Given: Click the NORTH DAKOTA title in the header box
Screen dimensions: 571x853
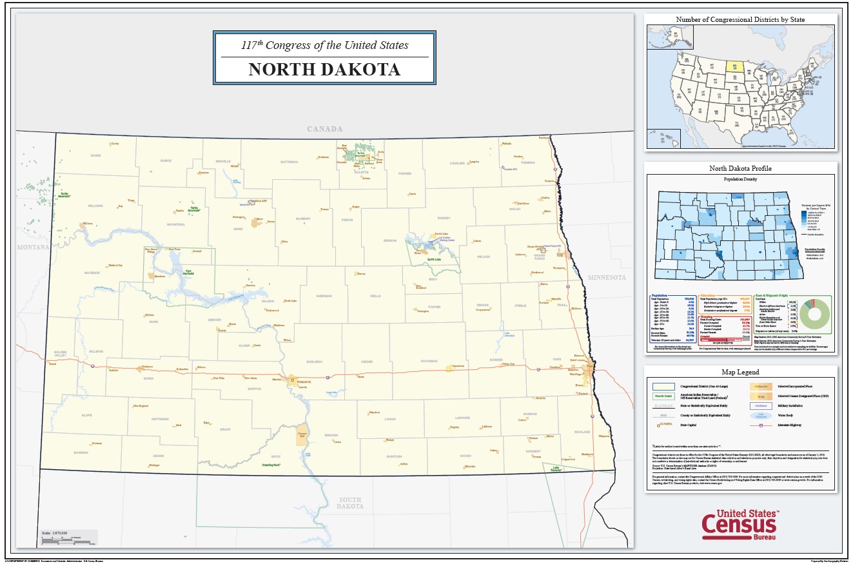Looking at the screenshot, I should [324, 70].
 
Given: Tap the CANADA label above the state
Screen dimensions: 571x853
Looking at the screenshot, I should [324, 129].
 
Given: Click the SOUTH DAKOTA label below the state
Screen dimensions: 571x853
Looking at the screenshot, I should [350, 503].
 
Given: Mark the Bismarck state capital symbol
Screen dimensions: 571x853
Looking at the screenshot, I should [292, 380].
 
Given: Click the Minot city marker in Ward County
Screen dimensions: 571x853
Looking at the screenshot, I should [259, 220].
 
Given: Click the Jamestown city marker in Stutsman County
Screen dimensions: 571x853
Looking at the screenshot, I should [449, 367].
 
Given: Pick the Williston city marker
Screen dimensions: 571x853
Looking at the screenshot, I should [84, 225].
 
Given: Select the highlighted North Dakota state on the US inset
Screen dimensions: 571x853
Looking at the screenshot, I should [736, 66].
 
